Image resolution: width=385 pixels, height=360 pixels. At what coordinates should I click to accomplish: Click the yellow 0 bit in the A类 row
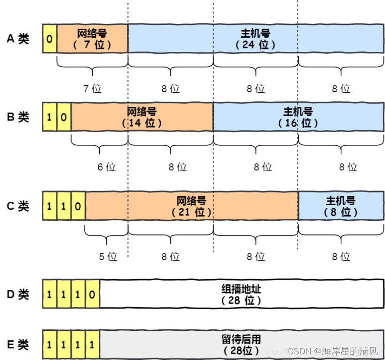[x=49, y=38]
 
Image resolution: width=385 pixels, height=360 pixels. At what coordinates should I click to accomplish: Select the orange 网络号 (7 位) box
[x=92, y=38]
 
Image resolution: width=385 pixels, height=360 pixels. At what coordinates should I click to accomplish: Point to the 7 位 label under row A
[x=92, y=88]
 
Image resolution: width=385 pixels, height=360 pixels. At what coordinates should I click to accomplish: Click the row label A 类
[x=18, y=39]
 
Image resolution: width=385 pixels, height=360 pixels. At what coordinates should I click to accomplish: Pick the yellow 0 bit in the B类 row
[x=64, y=117]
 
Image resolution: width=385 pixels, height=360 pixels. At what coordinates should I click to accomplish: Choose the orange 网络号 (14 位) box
[x=142, y=117]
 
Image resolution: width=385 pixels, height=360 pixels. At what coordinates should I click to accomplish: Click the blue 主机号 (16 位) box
[x=298, y=117]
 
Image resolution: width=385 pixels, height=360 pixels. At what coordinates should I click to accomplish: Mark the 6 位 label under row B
[x=106, y=167]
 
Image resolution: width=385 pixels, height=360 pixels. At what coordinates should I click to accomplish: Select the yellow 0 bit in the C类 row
[x=78, y=206]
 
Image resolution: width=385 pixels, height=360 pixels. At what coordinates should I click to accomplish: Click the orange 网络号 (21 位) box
[x=191, y=206]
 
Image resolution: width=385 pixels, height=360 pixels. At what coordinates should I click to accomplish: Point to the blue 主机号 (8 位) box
[x=340, y=206]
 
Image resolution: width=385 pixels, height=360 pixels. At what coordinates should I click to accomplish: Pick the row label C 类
[x=18, y=206]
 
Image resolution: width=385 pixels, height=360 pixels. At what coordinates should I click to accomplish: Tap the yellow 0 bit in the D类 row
[x=92, y=294]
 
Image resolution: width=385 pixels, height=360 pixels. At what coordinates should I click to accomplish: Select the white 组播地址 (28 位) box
[x=241, y=294]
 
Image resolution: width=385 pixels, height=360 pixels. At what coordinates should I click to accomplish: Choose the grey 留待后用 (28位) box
[x=241, y=344]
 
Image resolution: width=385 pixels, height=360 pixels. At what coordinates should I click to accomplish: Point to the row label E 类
[x=18, y=345]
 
